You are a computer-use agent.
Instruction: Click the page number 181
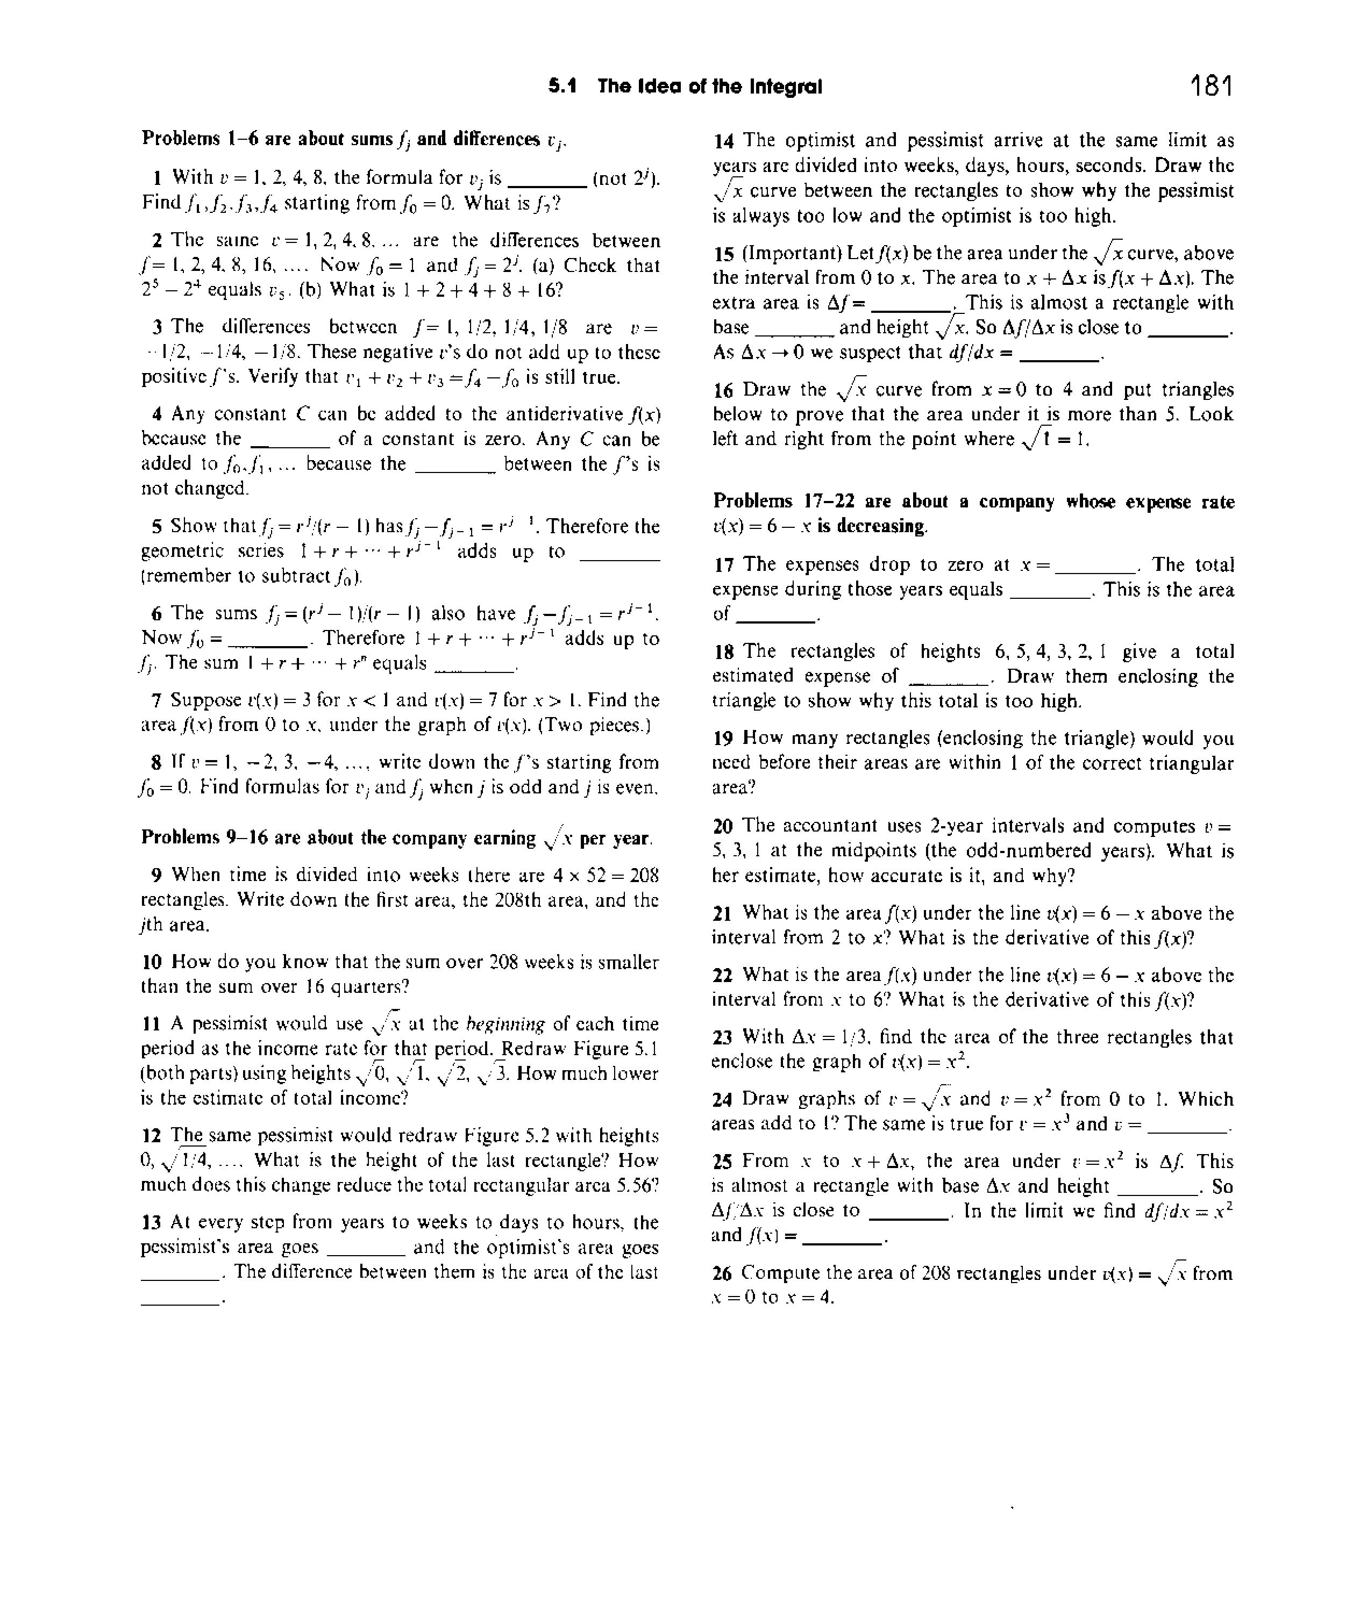[1211, 85]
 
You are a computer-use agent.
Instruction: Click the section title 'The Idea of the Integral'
[709, 87]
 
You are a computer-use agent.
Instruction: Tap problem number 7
[156, 700]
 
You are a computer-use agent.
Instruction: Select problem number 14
[723, 140]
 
